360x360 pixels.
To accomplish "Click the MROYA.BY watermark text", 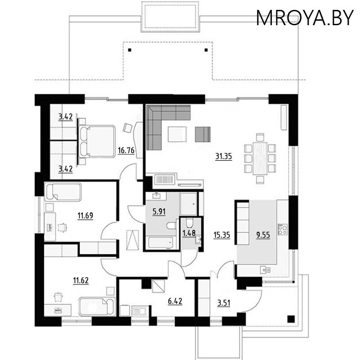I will pos(305,18).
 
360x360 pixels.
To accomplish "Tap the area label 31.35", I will pos(224,157).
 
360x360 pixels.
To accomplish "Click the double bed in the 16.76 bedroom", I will pos(98,141).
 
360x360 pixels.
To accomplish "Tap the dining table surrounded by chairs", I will pos(260,158).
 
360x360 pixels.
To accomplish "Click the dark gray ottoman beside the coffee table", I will pos(202,134).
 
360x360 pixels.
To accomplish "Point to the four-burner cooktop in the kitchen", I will pos(283,229).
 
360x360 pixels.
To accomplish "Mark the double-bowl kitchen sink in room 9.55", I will pos(265,270).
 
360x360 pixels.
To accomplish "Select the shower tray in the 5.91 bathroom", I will pos(189,204).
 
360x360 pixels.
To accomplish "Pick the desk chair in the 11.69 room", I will pos(61,227).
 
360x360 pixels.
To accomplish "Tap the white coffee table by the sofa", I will pos(177,134).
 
